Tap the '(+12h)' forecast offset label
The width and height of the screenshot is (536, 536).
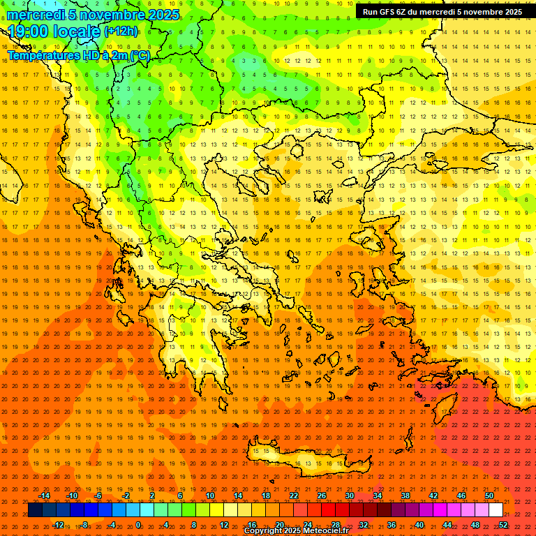(121, 31)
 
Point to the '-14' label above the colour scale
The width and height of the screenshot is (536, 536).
(44, 496)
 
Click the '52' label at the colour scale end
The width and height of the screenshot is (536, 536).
(504, 525)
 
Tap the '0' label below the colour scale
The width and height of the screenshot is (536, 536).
(138, 525)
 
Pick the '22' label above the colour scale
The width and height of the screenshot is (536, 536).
(294, 496)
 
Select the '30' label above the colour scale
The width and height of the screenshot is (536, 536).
(350, 496)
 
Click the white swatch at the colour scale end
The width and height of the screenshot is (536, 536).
(496, 510)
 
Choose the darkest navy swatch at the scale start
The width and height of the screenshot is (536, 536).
(35, 510)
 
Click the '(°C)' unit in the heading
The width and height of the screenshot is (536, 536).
(140, 55)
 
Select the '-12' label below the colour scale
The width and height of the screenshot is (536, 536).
(58, 525)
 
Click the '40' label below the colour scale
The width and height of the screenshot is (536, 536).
(419, 525)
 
